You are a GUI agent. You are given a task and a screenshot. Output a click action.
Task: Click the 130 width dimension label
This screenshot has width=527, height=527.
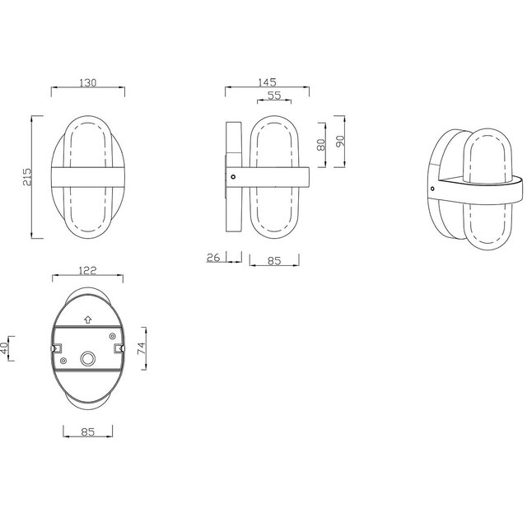[x=87, y=82]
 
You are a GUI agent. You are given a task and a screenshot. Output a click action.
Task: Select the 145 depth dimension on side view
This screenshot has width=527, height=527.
[x=266, y=82]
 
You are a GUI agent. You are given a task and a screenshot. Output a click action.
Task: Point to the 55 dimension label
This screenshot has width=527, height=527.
[x=275, y=96]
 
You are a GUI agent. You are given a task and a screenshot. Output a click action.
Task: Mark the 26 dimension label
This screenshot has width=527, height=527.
[x=213, y=259]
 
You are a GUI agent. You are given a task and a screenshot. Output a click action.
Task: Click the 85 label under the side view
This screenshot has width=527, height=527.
[x=274, y=262]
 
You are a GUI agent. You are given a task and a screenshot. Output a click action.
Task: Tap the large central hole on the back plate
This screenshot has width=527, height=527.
[x=87, y=359]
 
